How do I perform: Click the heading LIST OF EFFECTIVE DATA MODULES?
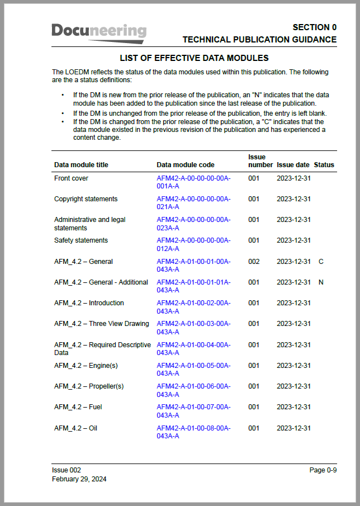pyautogui.click(x=195, y=58)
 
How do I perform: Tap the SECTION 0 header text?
pyautogui.click(x=314, y=27)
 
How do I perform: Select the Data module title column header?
pyautogui.click(x=81, y=165)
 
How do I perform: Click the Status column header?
pyautogui.click(x=324, y=165)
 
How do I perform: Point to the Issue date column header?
pyautogui.click(x=293, y=165)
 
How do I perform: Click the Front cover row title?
pyautogui.click(x=71, y=178)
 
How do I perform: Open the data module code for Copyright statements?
pyautogui.click(x=193, y=203)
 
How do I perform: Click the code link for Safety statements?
pyautogui.click(x=193, y=244)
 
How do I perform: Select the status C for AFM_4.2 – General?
pyautogui.click(x=321, y=262)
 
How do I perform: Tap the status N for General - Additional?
pyautogui.click(x=321, y=282)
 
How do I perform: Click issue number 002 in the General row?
pyautogui.click(x=254, y=262)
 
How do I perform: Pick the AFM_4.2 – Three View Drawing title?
pyautogui.click(x=101, y=324)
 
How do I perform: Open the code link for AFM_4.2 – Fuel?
pyautogui.click(x=193, y=411)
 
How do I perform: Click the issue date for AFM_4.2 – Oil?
pyautogui.click(x=293, y=428)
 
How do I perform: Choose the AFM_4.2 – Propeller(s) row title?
pyautogui.click(x=88, y=386)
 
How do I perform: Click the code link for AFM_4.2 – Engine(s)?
pyautogui.click(x=193, y=370)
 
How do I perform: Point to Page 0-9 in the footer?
pyautogui.click(x=323, y=470)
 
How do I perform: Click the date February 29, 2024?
pyautogui.click(x=79, y=479)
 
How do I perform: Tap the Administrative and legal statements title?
pyautogui.click(x=89, y=224)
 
